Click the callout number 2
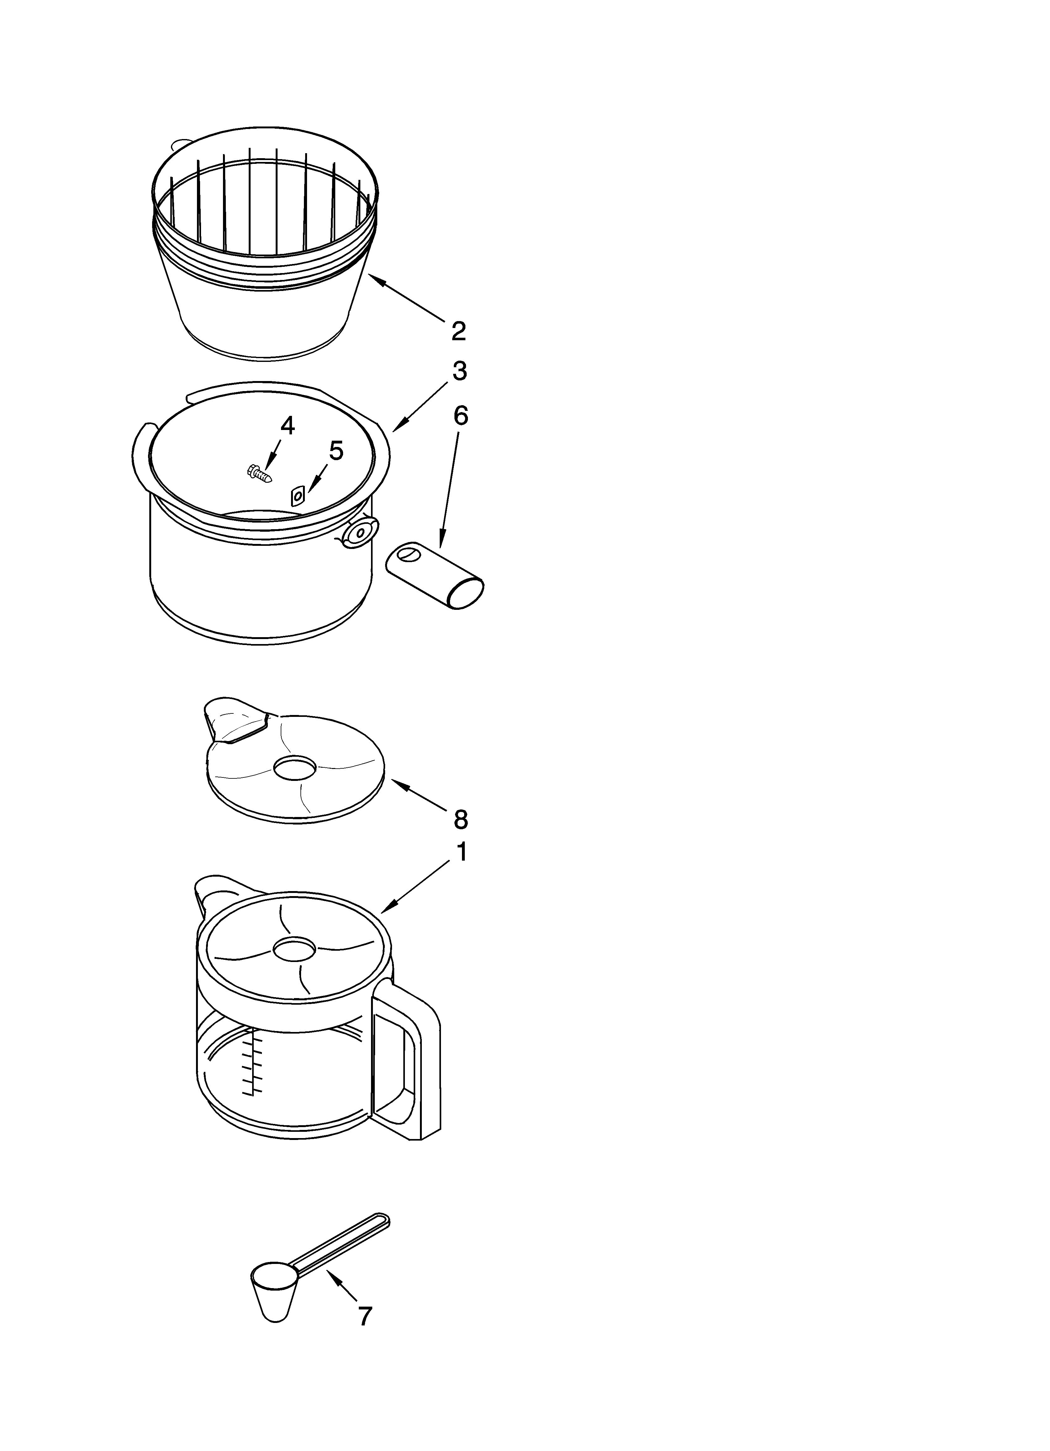pyautogui.click(x=459, y=331)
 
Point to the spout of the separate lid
pyautogui.click(x=230, y=720)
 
